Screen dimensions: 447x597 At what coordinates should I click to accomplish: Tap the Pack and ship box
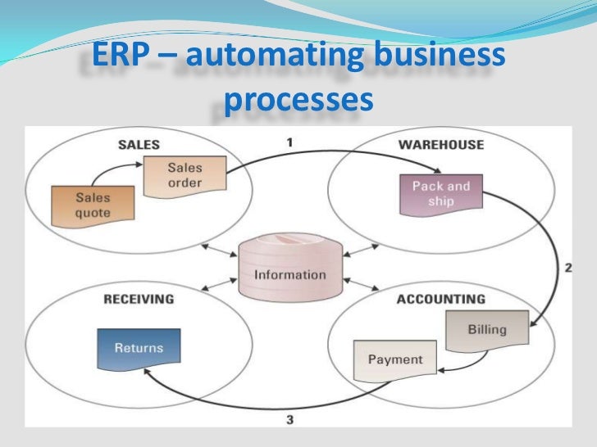pos(440,193)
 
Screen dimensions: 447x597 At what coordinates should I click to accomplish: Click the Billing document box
pos(487,330)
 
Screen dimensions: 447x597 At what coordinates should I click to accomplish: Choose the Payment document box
pos(394,359)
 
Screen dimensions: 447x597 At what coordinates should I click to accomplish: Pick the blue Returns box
pos(139,349)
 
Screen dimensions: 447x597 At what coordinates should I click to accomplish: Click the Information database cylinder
pos(289,269)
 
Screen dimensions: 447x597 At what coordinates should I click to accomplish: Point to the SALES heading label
pos(139,145)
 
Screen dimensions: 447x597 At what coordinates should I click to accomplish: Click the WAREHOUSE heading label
pos(440,145)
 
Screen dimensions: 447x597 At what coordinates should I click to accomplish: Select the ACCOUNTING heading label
pos(440,299)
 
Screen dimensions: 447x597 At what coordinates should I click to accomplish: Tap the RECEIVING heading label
pos(139,299)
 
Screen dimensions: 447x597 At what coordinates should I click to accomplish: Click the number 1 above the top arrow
pos(289,142)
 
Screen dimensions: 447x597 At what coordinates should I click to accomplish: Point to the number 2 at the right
pos(567,268)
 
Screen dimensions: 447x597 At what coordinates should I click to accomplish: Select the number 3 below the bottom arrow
pos(289,421)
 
